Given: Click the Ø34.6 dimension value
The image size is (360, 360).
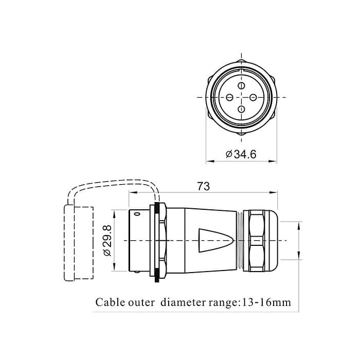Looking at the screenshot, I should click(241, 154).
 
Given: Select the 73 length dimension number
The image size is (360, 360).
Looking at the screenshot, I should click(204, 186).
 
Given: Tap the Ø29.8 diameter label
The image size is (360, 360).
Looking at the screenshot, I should click(107, 240).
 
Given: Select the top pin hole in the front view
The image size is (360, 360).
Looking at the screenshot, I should click(241, 85).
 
